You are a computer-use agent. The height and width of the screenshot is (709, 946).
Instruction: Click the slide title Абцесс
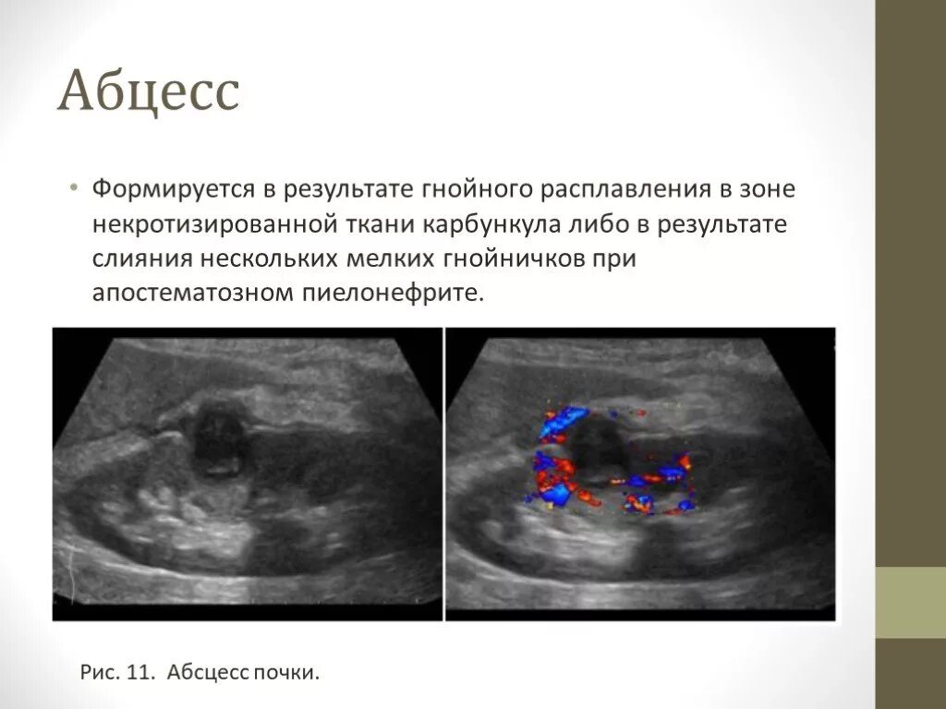[149, 93]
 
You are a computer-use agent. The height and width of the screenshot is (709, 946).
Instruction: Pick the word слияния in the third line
[136, 259]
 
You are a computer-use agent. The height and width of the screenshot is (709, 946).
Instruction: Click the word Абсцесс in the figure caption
[204, 672]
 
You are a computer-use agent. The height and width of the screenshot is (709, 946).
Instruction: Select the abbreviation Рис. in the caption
[98, 672]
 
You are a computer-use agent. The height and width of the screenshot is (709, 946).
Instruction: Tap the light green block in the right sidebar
[910, 602]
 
